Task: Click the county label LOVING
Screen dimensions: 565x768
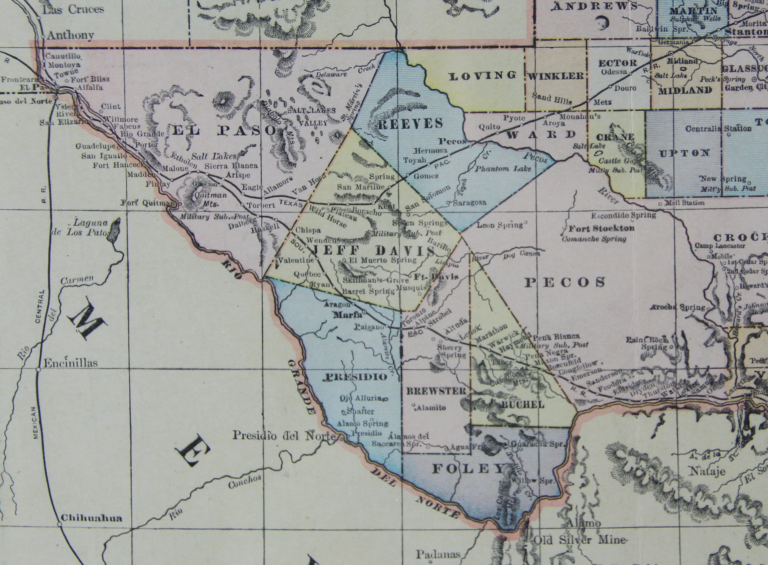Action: click(x=482, y=76)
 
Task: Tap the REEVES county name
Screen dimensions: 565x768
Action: click(x=410, y=123)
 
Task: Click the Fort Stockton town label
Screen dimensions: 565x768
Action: click(x=602, y=228)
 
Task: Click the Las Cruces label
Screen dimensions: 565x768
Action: click(x=73, y=9)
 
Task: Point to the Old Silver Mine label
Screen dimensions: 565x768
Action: click(x=580, y=540)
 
